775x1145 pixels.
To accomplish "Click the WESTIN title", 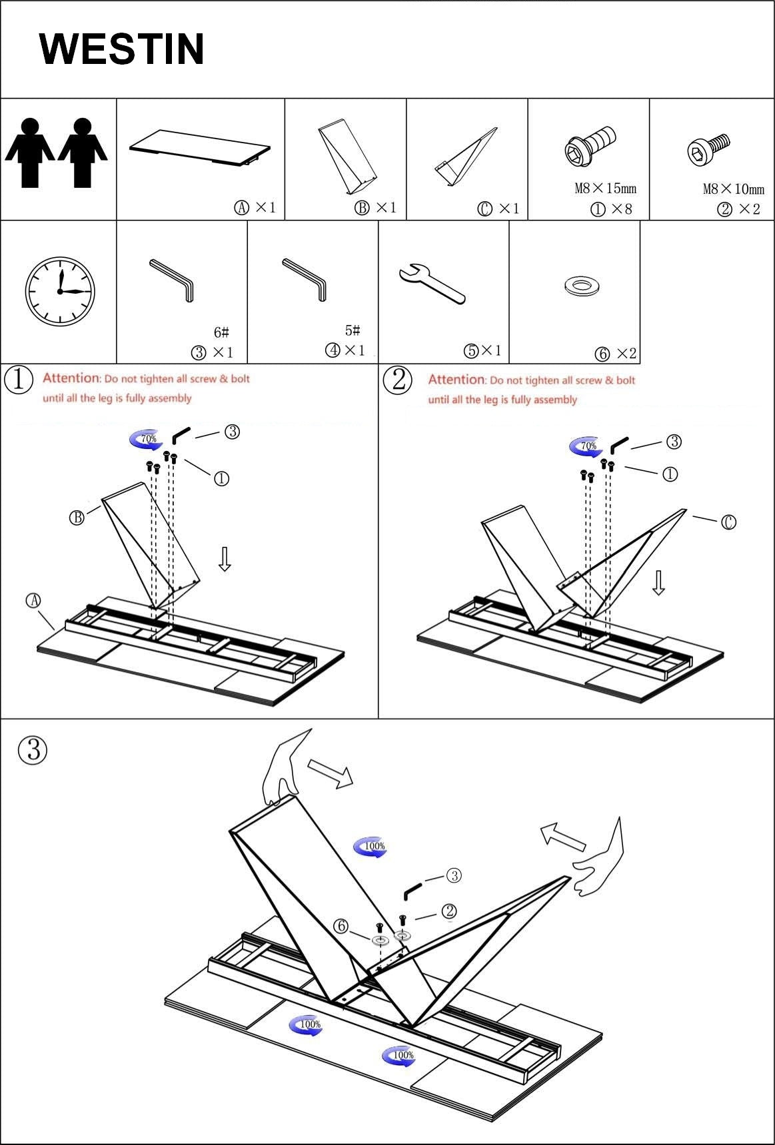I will (x=122, y=49).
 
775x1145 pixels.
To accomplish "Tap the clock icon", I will (x=60, y=292).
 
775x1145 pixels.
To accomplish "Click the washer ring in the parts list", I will (x=582, y=286).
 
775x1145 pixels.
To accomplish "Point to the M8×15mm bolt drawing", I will (x=590, y=147).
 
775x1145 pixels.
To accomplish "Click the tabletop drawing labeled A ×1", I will (x=200, y=150).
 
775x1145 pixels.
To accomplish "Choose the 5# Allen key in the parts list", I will (x=305, y=278).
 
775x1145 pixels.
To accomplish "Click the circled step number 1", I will (x=19, y=380).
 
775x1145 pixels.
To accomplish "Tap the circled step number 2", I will (x=398, y=380).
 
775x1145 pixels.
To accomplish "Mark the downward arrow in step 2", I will (x=658, y=581).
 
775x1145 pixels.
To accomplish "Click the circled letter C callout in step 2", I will (x=728, y=522).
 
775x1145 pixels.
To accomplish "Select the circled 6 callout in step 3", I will (x=341, y=926).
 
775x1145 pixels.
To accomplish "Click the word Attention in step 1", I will (x=71, y=378).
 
